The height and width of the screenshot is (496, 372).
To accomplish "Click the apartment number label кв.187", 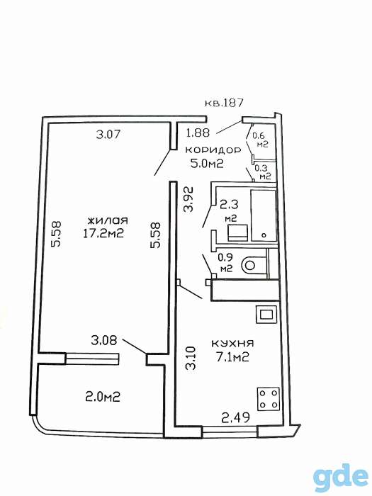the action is click(x=224, y=103).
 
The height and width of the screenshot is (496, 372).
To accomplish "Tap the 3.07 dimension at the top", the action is click(x=108, y=135).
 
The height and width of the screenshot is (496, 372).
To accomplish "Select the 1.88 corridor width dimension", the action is click(x=198, y=133).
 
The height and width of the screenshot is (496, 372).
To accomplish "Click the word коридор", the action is click(x=213, y=150).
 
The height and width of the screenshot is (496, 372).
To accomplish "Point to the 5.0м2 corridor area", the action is click(x=207, y=163).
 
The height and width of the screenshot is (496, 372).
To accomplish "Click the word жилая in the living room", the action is click(x=108, y=220).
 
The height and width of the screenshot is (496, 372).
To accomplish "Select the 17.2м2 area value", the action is click(x=103, y=233).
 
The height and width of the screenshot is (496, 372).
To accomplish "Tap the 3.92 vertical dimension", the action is click(x=189, y=199).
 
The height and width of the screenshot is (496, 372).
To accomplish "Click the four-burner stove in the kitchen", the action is click(x=269, y=399).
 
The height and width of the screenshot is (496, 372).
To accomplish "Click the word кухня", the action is click(x=232, y=343).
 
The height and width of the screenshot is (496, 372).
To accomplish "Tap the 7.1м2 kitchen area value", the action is click(x=232, y=357).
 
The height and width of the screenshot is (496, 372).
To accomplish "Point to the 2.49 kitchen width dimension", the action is click(x=236, y=418).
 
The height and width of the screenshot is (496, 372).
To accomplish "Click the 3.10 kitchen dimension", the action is click(x=191, y=358).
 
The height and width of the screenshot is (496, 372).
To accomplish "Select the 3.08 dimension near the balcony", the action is click(x=104, y=341).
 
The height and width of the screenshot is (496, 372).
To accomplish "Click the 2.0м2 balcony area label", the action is click(x=103, y=397).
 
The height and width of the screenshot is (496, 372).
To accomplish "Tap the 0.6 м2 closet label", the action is click(x=261, y=140).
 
